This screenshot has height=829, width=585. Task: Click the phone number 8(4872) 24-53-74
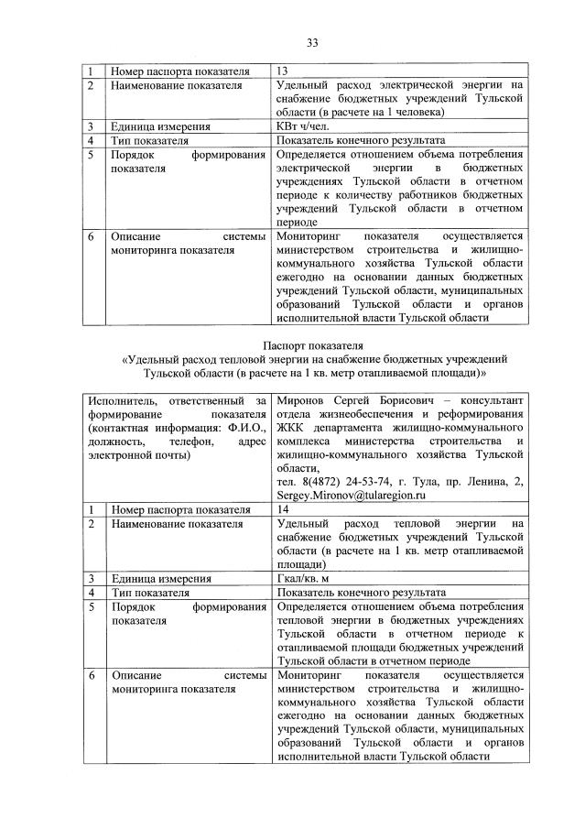[330, 481]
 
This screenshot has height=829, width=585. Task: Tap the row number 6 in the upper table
[91, 236]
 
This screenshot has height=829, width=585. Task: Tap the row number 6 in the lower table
[91, 675]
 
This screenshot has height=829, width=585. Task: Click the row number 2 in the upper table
[91, 85]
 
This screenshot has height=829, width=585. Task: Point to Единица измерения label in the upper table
[161, 126]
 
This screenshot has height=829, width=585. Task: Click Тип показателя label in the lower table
[150, 593]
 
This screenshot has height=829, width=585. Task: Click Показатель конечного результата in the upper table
[360, 141]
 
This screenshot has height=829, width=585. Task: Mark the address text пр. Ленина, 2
[483, 481]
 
